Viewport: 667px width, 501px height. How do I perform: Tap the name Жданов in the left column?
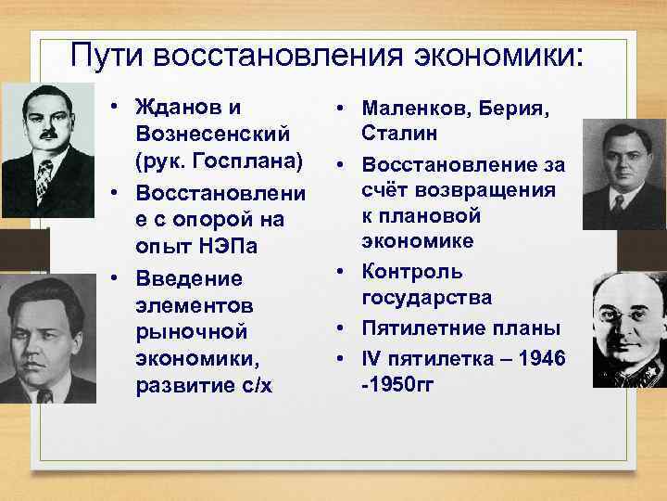click(182, 109)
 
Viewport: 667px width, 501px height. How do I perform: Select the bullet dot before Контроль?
click(341, 273)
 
